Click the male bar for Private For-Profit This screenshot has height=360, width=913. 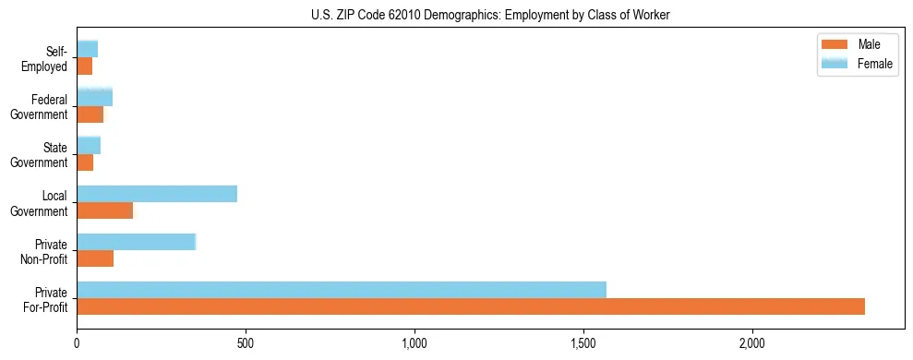471,306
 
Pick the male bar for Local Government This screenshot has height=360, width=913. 105,210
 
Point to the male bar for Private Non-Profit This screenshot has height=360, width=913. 95,258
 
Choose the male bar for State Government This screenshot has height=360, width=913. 85,162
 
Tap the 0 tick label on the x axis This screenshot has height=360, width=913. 78,343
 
